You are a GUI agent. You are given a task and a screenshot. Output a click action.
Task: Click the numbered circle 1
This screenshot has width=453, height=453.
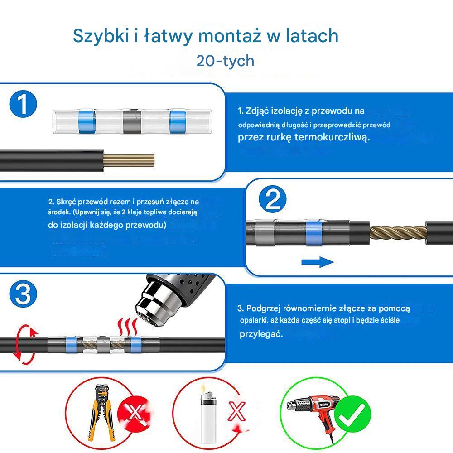tap(23, 104)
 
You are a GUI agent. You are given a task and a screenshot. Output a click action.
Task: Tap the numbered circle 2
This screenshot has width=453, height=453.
tap(272, 199)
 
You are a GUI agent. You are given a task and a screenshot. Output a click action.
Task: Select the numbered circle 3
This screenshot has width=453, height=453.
tap(23, 294)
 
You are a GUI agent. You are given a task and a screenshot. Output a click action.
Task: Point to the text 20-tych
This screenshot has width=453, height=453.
tap(225, 61)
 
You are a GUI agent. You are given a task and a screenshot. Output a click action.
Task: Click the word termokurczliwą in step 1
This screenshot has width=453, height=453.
tap(332, 137)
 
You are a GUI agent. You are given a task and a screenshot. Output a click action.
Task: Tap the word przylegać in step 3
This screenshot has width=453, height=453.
tap(261, 334)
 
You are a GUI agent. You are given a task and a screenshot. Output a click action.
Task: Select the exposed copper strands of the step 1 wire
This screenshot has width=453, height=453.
tap(129, 161)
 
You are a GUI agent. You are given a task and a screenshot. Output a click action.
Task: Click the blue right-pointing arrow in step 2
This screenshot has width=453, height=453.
tap(318, 262)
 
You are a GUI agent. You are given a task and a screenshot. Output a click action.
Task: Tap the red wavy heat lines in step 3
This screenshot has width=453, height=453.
tap(127, 327)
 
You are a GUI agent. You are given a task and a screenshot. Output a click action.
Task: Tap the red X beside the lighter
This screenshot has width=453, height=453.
tap(236, 411)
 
